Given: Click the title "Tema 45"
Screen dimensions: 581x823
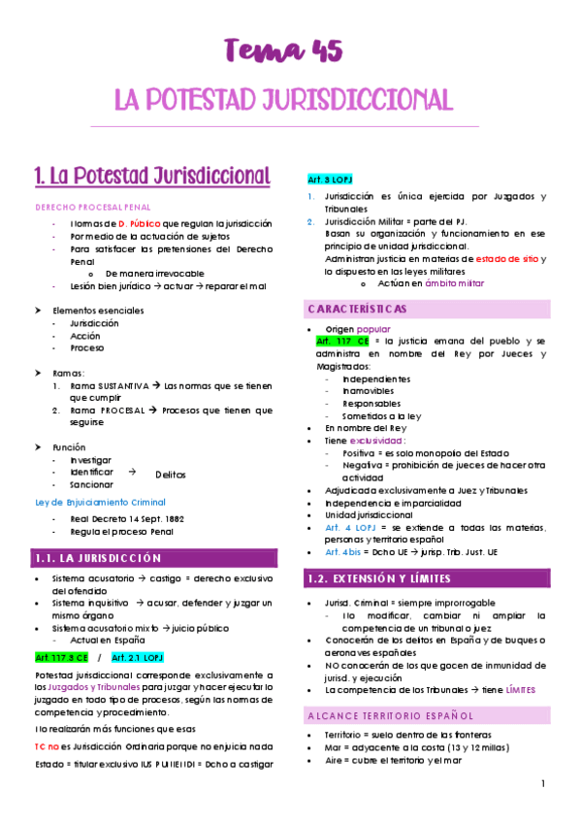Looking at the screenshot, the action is point(283,49).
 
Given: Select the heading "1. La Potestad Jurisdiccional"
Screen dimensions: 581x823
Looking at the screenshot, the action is point(152,177).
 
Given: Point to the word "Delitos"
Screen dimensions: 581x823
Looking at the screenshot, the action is point(171,475).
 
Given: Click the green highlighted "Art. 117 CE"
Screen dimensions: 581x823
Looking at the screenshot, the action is point(342,342).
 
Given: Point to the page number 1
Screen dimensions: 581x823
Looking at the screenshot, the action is point(544,783).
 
